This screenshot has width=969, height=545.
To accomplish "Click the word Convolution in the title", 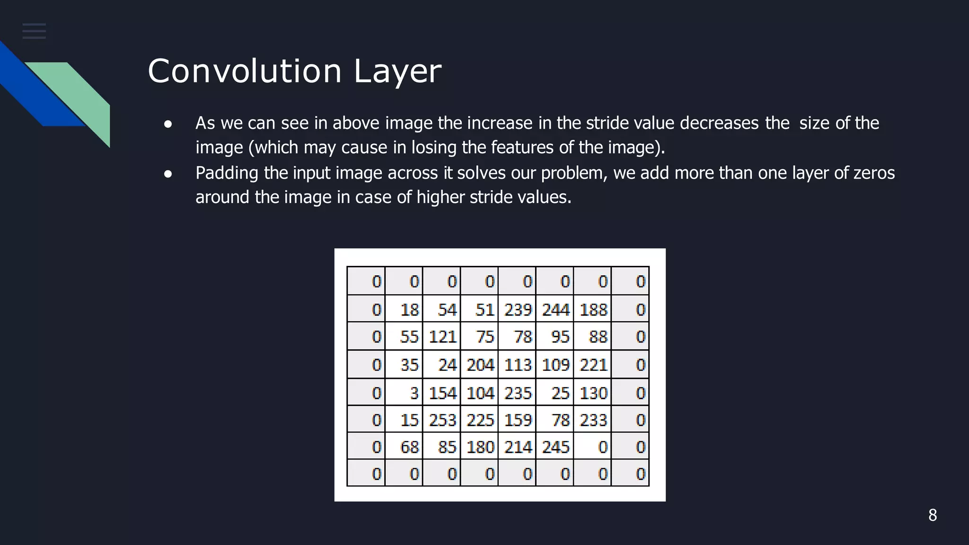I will tap(244, 71).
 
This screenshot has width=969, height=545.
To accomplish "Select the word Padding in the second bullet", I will tap(227, 173).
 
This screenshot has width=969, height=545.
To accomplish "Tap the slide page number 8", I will tap(933, 515).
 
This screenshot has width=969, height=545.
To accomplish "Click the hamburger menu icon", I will tap(34, 31).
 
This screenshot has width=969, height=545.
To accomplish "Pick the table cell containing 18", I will tap(404, 309).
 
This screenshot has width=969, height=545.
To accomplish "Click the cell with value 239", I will tap(517, 309).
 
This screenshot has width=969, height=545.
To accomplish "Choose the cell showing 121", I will tap(442, 337).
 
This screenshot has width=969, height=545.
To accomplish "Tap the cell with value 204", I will tap(480, 365).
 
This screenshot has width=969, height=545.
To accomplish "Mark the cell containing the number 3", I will tap(404, 393).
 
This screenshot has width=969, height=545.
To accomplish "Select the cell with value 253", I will tap(442, 420).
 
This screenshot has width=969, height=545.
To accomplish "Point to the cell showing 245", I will tap(555, 447).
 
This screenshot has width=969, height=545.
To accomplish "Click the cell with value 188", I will tap(593, 309).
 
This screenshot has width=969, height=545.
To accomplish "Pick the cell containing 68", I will tap(404, 447).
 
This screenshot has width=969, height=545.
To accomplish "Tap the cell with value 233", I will tap(593, 420).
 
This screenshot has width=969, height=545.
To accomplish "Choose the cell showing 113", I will tap(517, 365).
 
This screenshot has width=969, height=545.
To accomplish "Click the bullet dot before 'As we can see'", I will tap(167, 124).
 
